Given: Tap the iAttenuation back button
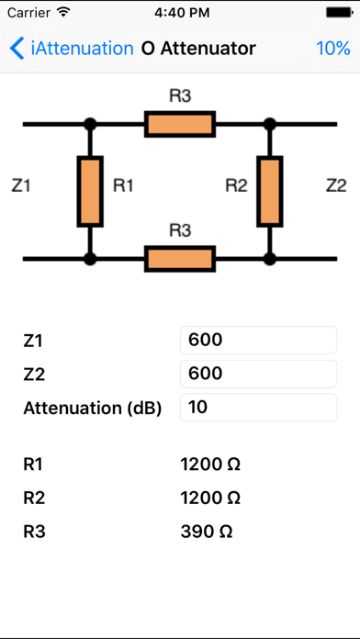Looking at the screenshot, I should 72,48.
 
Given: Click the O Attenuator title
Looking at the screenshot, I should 199,48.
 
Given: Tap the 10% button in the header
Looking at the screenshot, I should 332,48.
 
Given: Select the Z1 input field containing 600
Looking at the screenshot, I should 258,341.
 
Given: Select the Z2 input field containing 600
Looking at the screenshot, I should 258,374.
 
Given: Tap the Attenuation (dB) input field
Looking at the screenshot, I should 258,408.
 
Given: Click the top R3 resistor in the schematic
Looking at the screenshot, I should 180,124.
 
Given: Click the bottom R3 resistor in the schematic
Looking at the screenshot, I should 180,259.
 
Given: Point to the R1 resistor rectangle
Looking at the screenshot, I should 90,191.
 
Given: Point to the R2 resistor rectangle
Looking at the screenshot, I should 269,191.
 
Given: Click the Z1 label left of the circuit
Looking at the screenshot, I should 21,185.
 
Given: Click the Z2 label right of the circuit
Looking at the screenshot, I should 336,185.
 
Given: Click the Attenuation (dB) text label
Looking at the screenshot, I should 92,409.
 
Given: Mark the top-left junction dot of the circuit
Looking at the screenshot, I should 90,124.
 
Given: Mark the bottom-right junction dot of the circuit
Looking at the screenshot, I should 269,259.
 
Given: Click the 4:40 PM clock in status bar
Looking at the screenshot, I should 180,14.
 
